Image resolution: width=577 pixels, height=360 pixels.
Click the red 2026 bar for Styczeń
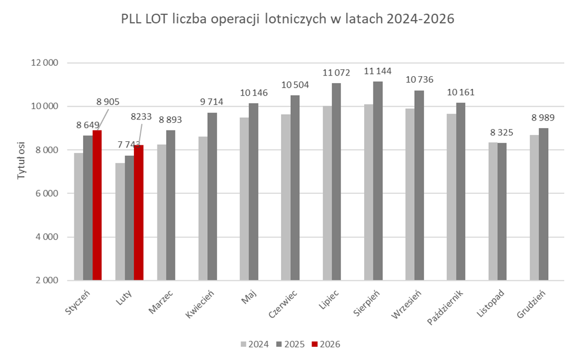coord(97,205)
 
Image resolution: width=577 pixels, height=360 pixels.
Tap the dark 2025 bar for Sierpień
coord(378,181)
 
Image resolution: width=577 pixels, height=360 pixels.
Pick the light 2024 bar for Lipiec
coord(327,193)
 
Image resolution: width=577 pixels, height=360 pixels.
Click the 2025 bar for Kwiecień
coord(212,196)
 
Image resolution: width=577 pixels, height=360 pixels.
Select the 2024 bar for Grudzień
coord(534,208)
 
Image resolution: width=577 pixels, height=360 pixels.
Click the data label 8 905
coord(107,102)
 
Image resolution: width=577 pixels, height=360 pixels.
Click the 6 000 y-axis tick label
coord(49,193)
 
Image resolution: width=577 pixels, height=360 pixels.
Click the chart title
coord(288,19)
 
